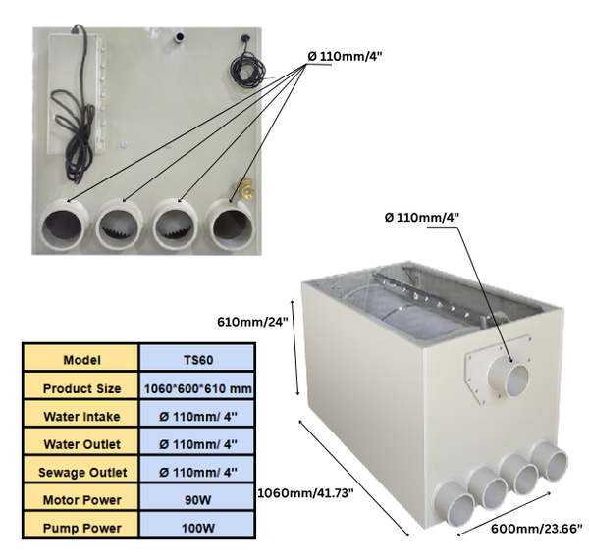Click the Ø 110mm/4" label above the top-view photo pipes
(x=346, y=56)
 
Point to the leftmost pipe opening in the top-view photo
(x=67, y=229)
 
